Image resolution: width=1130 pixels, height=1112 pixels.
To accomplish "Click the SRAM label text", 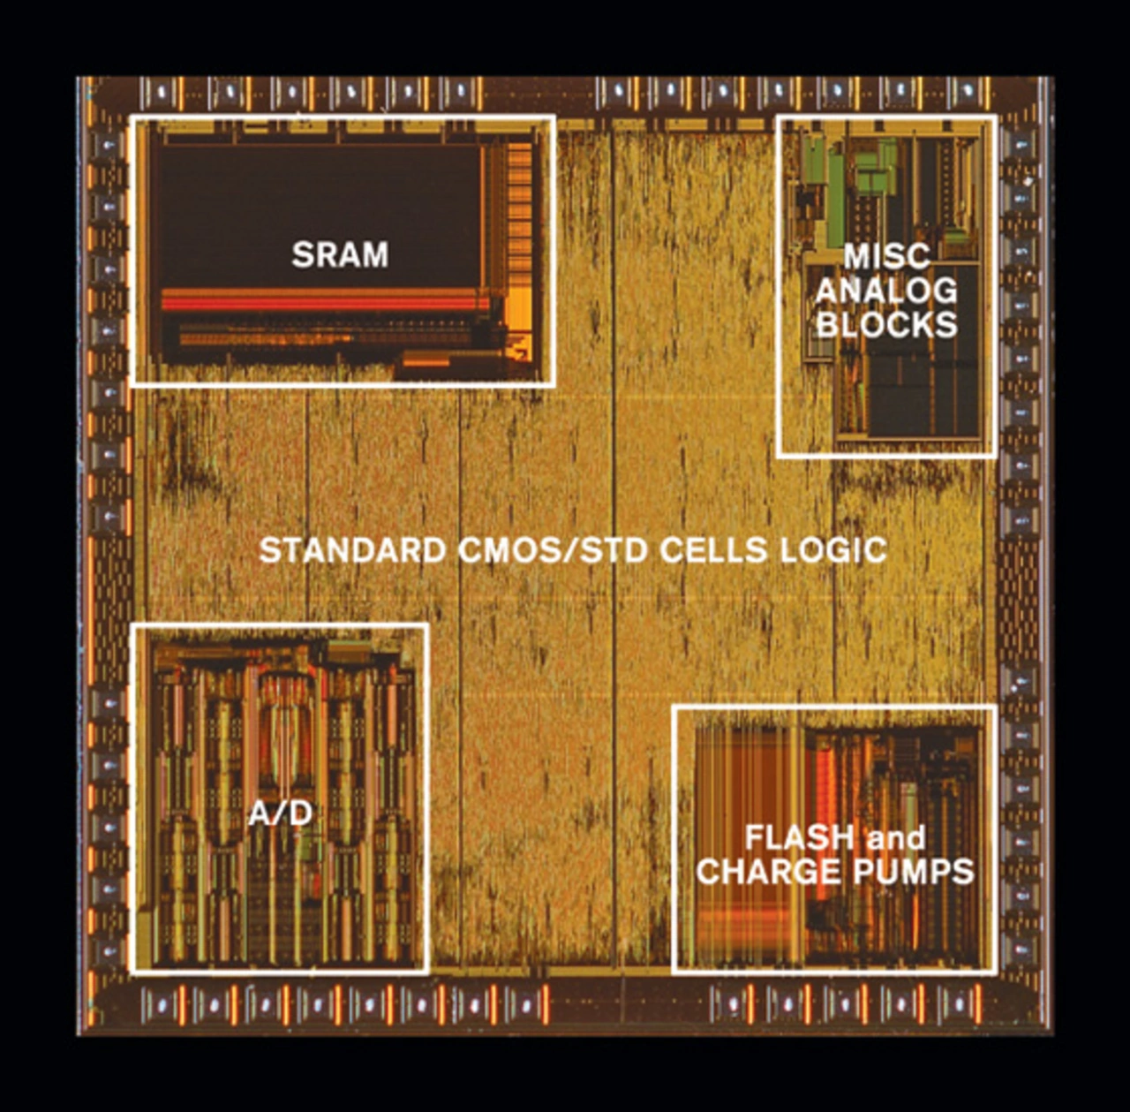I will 340,255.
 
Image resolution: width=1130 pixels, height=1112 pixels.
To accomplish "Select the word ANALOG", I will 886,291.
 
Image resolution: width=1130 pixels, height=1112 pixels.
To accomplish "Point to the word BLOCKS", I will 886,324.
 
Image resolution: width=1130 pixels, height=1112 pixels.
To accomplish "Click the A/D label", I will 280,813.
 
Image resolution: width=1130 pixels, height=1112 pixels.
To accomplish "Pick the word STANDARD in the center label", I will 353,550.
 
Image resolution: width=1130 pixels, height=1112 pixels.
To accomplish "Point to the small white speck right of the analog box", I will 1028,181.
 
